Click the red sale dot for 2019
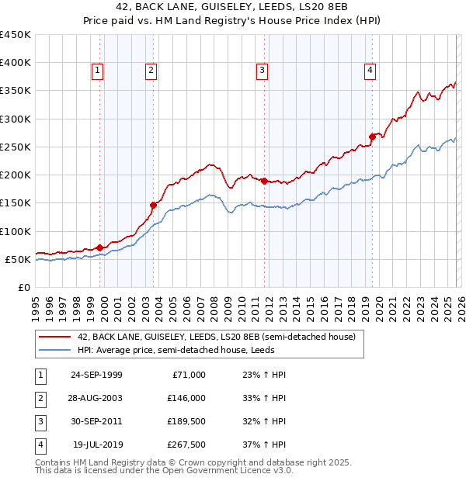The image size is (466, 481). coord(372,137)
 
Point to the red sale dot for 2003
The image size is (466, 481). coord(154,205)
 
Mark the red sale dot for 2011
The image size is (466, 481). coord(265,181)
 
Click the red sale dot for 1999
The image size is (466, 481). coord(100,247)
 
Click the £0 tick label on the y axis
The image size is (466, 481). coord(24,287)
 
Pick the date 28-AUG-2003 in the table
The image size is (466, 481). coord(96,398)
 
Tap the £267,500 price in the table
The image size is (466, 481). coord(186,445)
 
